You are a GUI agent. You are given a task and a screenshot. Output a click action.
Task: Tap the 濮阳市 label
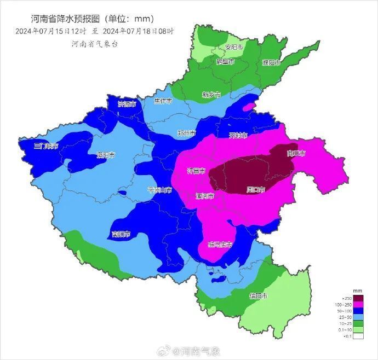[x=271, y=63]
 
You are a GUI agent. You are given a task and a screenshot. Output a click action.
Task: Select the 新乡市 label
[x=211, y=95]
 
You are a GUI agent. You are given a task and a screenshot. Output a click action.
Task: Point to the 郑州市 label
[x=187, y=133]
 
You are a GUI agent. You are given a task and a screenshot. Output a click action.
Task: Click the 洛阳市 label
[x=106, y=155]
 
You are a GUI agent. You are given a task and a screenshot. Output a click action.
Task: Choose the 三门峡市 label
[x=45, y=146]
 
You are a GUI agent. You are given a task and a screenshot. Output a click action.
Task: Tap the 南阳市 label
[x=121, y=234]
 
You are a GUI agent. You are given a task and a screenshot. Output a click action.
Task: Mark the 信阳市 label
[x=259, y=296]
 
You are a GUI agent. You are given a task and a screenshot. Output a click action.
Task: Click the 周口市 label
[x=256, y=190]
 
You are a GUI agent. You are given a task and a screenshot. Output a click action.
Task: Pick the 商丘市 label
[x=296, y=154]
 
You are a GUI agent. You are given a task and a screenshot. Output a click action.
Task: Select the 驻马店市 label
[x=220, y=245]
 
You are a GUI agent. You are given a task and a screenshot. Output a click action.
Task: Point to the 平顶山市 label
[x=159, y=190]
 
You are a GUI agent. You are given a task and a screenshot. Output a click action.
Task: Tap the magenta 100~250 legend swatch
[x=358, y=304]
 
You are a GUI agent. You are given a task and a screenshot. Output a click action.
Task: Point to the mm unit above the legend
[x=357, y=290]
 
